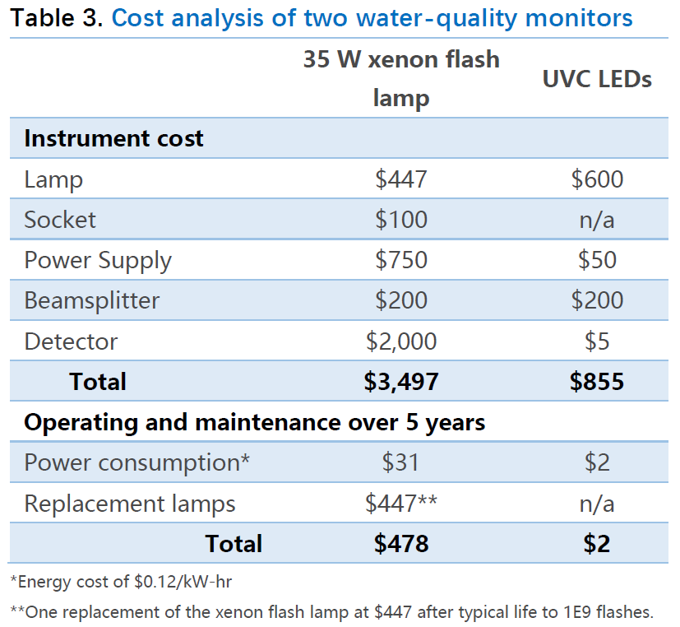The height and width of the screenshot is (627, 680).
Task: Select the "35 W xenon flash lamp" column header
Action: (x=401, y=79)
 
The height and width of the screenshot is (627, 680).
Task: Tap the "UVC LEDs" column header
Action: (x=597, y=79)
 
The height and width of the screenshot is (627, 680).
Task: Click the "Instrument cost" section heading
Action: (x=113, y=138)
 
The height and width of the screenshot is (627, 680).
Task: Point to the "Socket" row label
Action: (x=60, y=220)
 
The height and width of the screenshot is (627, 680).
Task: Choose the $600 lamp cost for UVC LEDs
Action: (x=597, y=179)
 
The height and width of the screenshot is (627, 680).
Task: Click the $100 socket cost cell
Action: (x=401, y=220)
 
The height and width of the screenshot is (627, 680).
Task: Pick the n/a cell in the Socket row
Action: (x=597, y=220)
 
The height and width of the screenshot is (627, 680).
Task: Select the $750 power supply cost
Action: (x=401, y=260)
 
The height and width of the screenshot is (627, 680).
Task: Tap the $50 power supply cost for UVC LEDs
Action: (x=597, y=260)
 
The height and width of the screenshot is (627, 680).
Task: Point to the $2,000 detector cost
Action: (x=401, y=341)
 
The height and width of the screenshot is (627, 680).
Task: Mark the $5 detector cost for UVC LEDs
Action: (x=597, y=341)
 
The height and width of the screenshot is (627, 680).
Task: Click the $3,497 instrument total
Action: (x=401, y=381)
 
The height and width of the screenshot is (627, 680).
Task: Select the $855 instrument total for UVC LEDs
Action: (x=597, y=381)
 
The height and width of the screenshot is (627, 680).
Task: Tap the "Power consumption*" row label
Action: (x=136, y=462)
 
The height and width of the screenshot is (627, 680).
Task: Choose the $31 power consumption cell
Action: (x=401, y=462)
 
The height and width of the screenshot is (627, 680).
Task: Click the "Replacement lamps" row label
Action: (x=130, y=503)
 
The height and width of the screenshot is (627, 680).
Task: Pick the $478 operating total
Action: (x=401, y=543)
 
